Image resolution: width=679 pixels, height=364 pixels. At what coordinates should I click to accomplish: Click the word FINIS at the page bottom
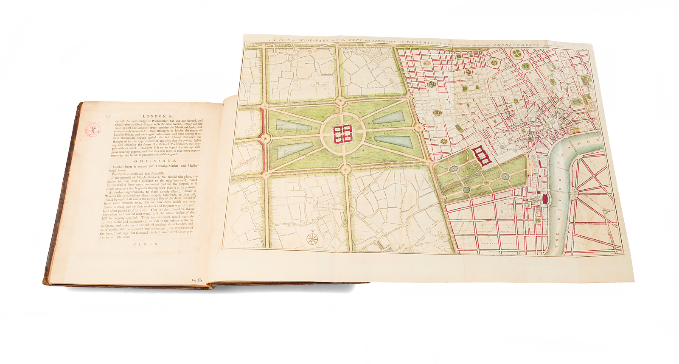click(x=146, y=244)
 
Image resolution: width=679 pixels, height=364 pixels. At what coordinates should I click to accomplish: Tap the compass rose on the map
click(x=313, y=238)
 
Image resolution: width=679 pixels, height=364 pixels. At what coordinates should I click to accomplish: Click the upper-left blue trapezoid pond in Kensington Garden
click(x=292, y=125)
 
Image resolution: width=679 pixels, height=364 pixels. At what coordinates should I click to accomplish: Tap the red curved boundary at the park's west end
click(x=264, y=140)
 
